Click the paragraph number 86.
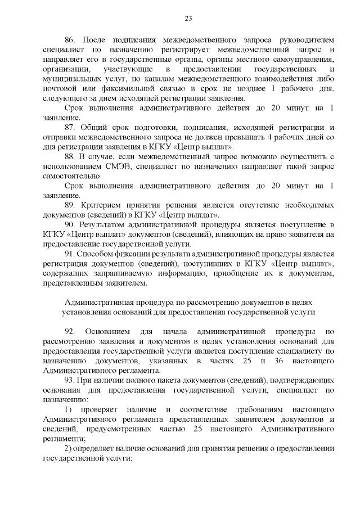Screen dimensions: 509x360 (x=70, y=40)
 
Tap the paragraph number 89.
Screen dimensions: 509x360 (x=70, y=205)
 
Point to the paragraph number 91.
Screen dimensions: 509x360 (x=70, y=254)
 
